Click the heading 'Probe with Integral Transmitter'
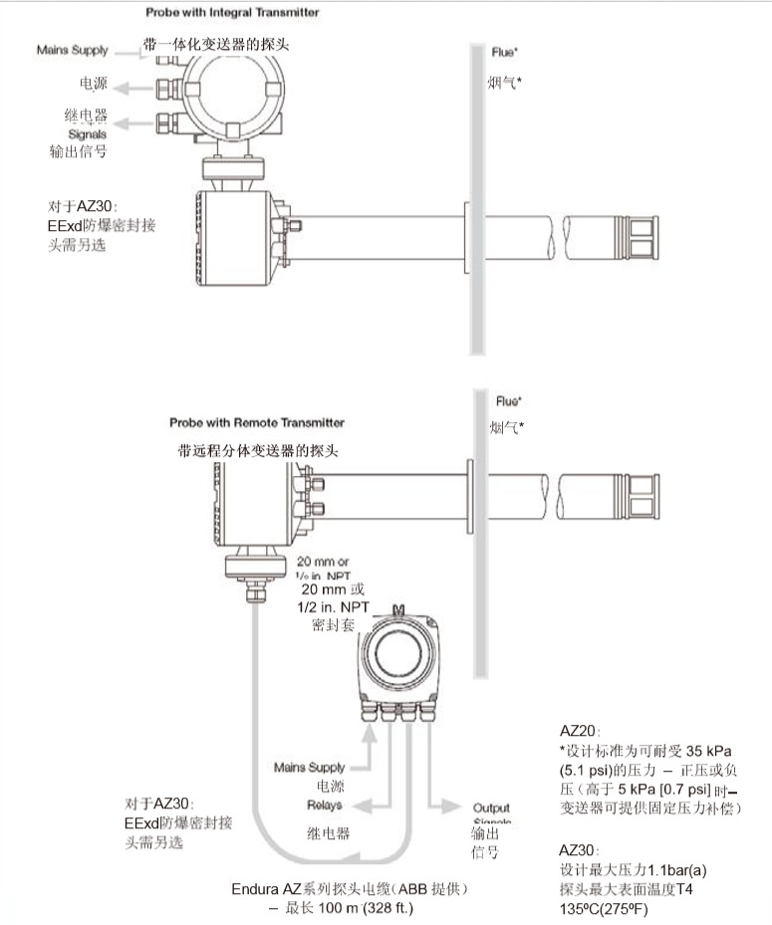(232, 13)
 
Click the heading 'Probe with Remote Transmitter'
(257, 422)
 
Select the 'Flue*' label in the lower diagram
(509, 401)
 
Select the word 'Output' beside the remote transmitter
(490, 808)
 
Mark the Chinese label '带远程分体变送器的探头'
(258, 450)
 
